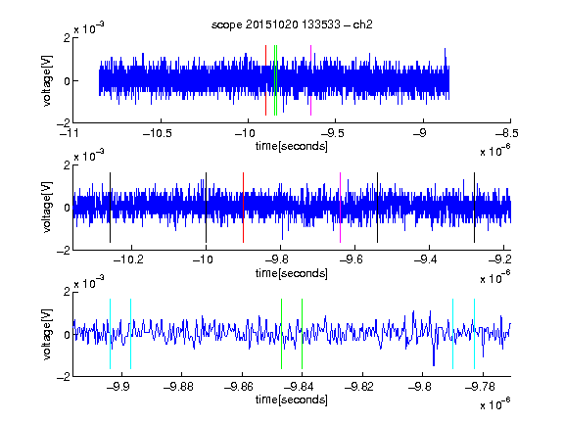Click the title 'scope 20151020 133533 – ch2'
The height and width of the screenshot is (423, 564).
click(x=292, y=24)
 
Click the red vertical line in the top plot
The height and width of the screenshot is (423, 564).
click(x=265, y=80)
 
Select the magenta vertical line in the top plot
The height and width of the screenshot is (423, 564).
click(x=310, y=80)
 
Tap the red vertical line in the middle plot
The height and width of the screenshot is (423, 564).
click(x=244, y=208)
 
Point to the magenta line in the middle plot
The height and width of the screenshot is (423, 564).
click(x=341, y=208)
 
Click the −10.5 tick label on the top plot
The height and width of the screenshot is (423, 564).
click(x=158, y=133)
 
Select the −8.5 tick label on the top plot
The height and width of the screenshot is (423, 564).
click(x=507, y=133)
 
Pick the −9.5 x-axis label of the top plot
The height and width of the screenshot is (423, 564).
click(x=332, y=133)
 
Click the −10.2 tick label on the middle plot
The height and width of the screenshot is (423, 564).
click(x=128, y=259)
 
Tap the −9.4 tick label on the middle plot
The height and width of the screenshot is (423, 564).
click(x=426, y=259)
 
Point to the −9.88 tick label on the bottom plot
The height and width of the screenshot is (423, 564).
click(x=178, y=387)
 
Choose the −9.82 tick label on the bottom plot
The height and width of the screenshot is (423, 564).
click(x=359, y=387)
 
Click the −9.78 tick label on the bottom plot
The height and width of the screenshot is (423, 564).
click(x=480, y=387)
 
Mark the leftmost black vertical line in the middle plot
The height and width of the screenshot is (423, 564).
click(x=110, y=208)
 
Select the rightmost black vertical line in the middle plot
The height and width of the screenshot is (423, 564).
click(x=475, y=208)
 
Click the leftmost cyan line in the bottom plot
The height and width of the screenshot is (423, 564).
click(x=110, y=334)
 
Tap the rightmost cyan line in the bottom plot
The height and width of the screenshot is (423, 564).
click(x=475, y=334)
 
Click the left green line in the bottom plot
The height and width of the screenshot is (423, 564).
click(x=282, y=334)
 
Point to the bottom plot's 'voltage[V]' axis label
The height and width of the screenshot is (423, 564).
click(x=47, y=334)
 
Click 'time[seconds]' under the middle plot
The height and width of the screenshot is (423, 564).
click(x=292, y=273)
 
